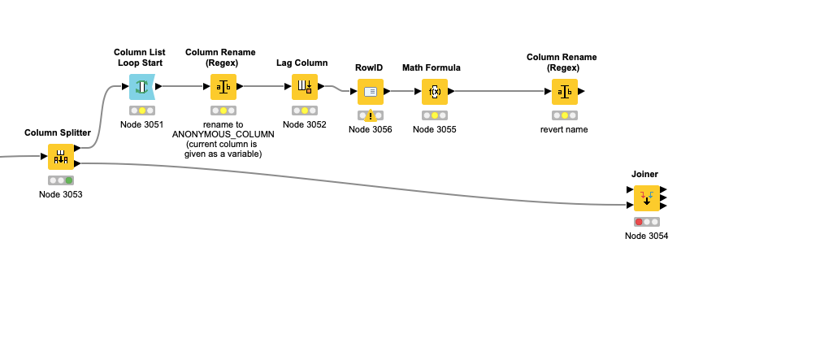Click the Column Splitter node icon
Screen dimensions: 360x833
coord(61,157)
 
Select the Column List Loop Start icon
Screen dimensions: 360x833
coord(142,86)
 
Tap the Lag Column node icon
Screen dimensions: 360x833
coord(305,86)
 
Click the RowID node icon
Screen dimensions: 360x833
coord(371,91)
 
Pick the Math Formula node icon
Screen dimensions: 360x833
coord(435,91)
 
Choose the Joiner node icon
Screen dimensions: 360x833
coord(646,197)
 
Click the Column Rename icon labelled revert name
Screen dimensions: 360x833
coord(565,92)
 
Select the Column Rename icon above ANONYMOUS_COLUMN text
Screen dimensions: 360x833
coord(223,86)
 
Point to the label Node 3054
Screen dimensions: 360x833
coord(646,236)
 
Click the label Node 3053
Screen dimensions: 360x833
coord(61,194)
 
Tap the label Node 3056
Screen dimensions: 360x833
coord(371,129)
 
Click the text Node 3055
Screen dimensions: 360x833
coord(435,129)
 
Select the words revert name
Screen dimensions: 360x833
coord(565,129)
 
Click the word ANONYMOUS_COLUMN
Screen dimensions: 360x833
coord(223,134)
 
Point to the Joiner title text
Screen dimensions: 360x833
coord(644,174)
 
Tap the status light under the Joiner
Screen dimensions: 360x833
coord(646,222)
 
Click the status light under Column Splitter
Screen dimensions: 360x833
coord(61,180)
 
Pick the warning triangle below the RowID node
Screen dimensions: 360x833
coord(371,115)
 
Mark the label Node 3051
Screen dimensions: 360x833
coord(142,124)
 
